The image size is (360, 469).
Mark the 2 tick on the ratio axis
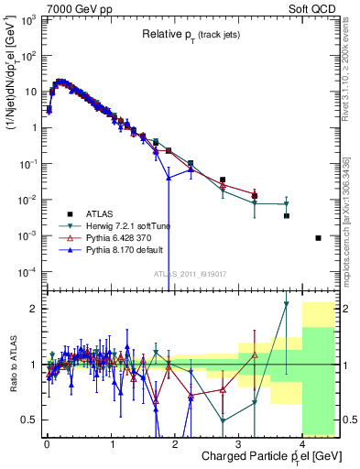(x=34, y=309)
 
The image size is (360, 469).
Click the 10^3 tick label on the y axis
(x=27, y=19)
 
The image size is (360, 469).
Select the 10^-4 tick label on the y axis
(x=27, y=272)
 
